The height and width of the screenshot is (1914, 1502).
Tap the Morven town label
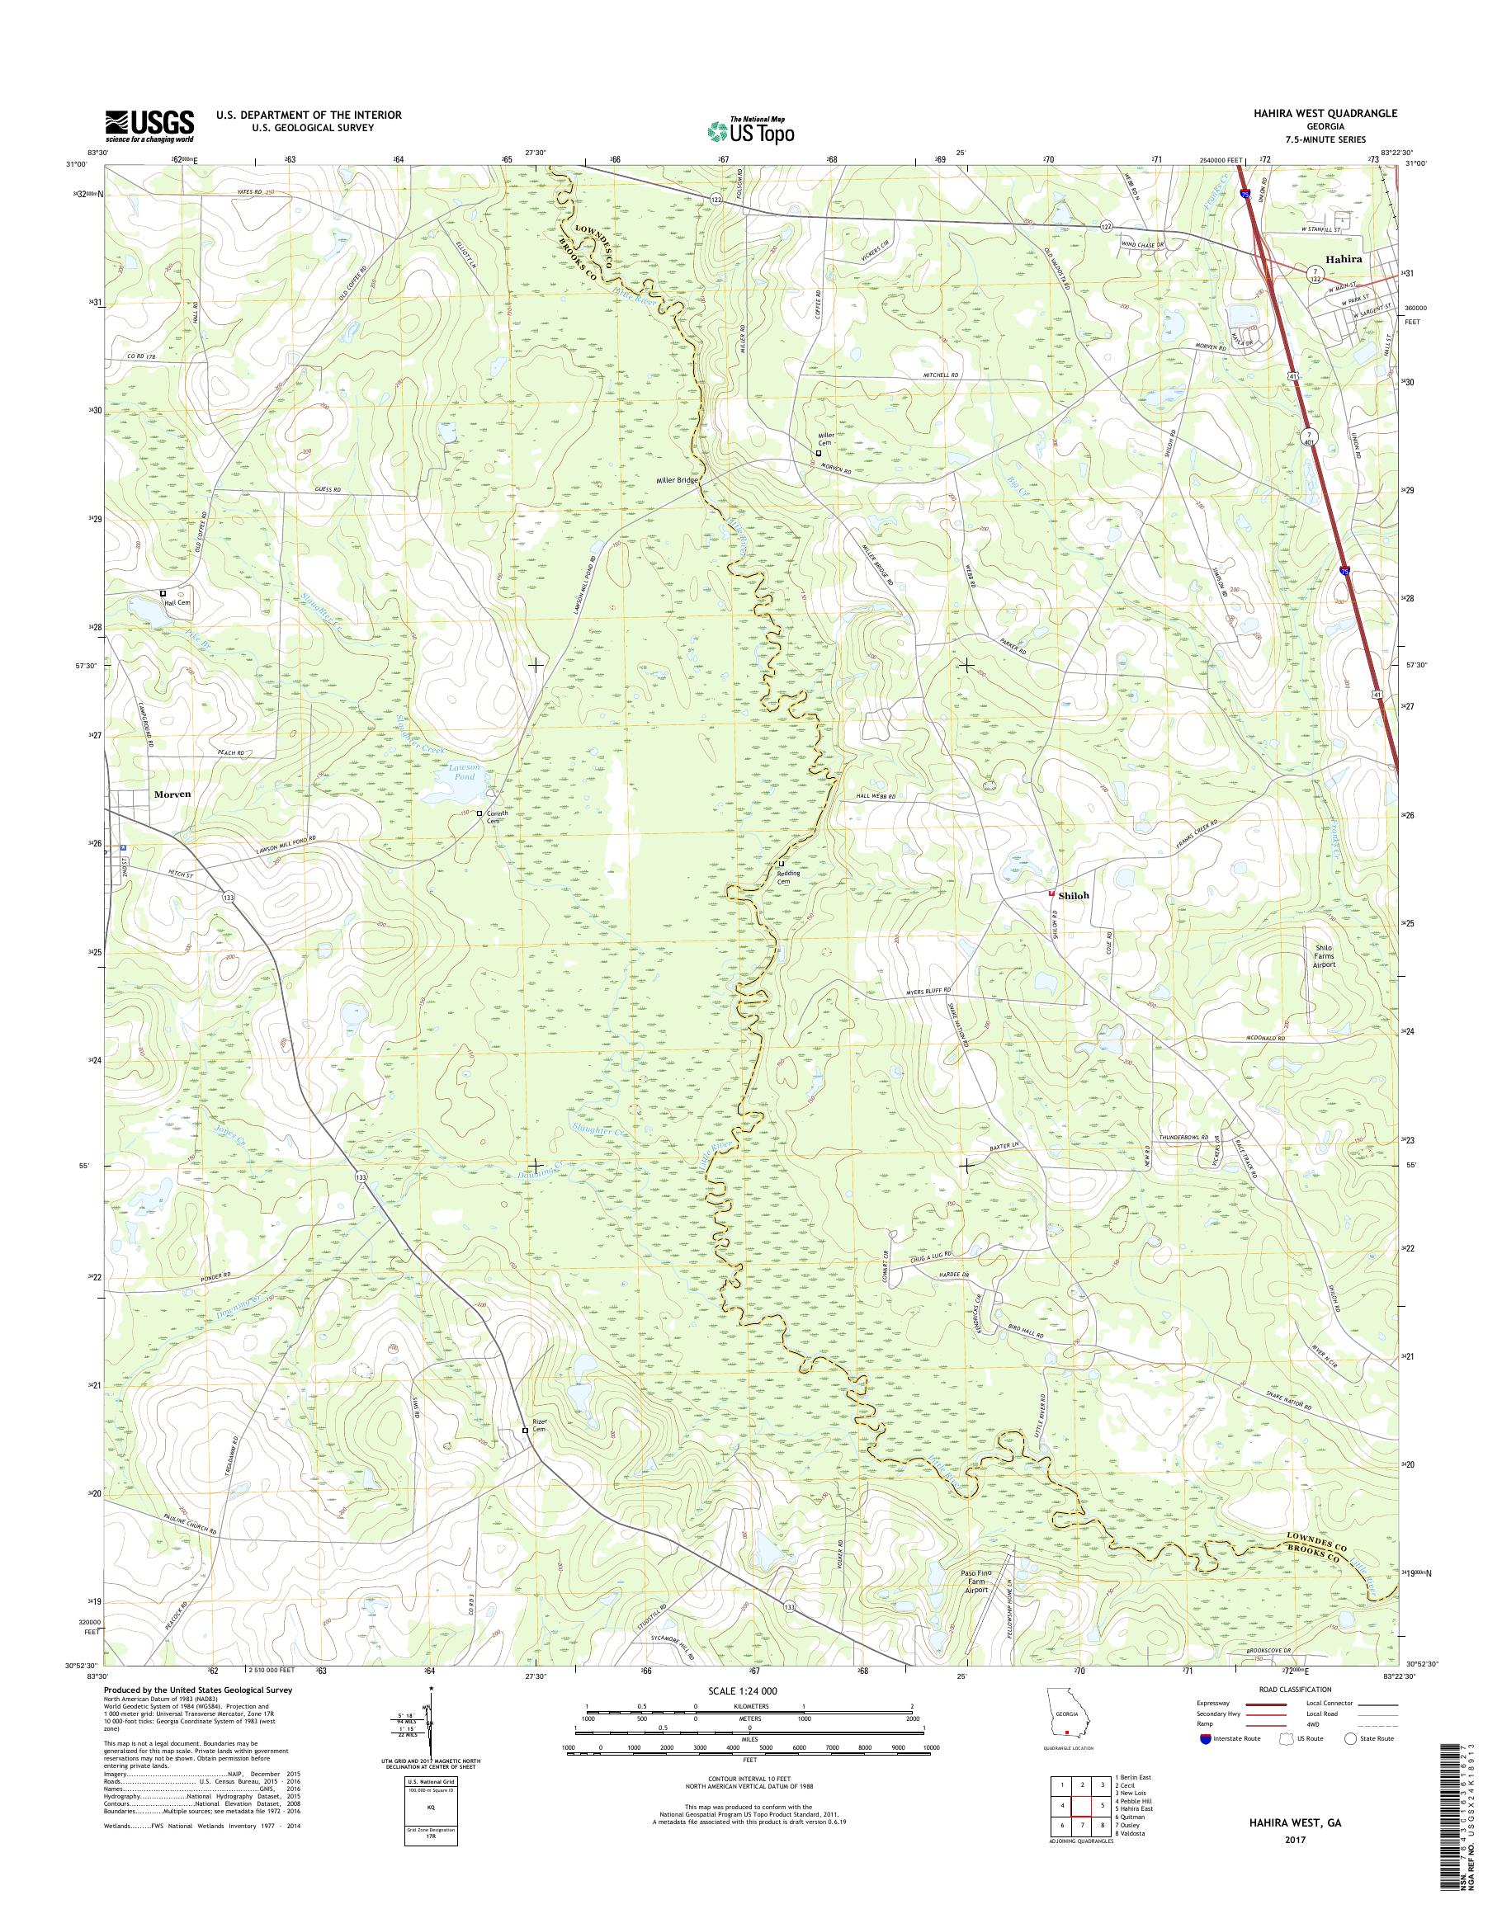click(172, 793)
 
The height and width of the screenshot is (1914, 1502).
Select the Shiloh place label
click(1074, 895)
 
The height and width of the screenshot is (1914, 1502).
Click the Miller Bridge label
click(675, 481)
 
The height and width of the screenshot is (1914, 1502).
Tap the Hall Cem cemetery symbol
click(163, 593)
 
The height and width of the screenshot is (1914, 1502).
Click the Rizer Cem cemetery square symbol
click(526, 1431)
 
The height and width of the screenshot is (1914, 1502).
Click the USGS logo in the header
click(149, 125)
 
